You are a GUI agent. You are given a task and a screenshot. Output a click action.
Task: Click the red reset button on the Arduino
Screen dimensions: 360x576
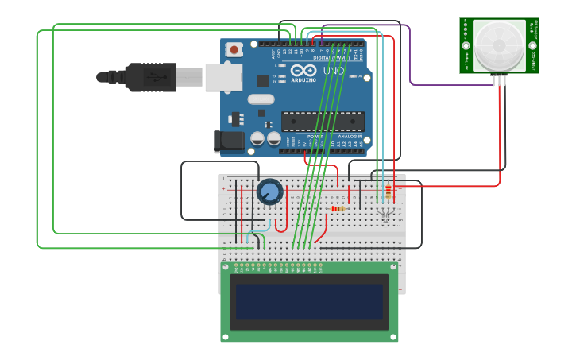[234, 49]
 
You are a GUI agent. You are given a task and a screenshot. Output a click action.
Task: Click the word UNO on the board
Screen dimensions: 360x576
[334, 71]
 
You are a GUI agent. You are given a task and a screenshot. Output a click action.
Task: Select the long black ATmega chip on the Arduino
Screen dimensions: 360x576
[323, 121]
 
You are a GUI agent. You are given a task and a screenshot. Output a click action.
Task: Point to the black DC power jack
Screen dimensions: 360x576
[229, 141]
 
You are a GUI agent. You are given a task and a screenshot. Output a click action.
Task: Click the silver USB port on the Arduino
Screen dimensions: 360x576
[223, 77]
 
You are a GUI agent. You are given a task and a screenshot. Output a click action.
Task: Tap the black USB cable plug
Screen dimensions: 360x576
[150, 77]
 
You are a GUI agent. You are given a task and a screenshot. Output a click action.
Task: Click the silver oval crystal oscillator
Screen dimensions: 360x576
[260, 99]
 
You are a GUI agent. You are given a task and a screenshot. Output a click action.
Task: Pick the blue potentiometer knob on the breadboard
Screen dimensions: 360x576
[269, 192]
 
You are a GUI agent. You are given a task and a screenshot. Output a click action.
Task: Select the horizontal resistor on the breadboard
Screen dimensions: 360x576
[337, 209]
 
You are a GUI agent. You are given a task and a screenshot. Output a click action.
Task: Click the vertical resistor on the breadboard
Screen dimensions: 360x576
[388, 192]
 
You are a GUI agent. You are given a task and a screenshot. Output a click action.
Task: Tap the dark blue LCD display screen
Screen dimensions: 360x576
[309, 302]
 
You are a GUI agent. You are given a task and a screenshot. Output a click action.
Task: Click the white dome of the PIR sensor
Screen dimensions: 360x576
[499, 44]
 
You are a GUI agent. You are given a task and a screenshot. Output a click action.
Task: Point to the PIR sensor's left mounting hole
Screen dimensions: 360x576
[466, 46]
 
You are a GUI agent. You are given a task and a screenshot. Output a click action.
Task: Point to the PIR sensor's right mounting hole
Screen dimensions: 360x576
[532, 46]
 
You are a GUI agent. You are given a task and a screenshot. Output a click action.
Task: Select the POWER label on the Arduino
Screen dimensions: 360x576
[315, 136]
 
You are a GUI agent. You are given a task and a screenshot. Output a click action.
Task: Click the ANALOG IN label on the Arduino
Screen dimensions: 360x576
[350, 136]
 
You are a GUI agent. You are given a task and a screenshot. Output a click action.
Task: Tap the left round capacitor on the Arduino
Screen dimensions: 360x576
[257, 138]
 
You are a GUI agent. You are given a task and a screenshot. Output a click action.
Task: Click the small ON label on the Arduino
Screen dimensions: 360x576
[360, 76]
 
